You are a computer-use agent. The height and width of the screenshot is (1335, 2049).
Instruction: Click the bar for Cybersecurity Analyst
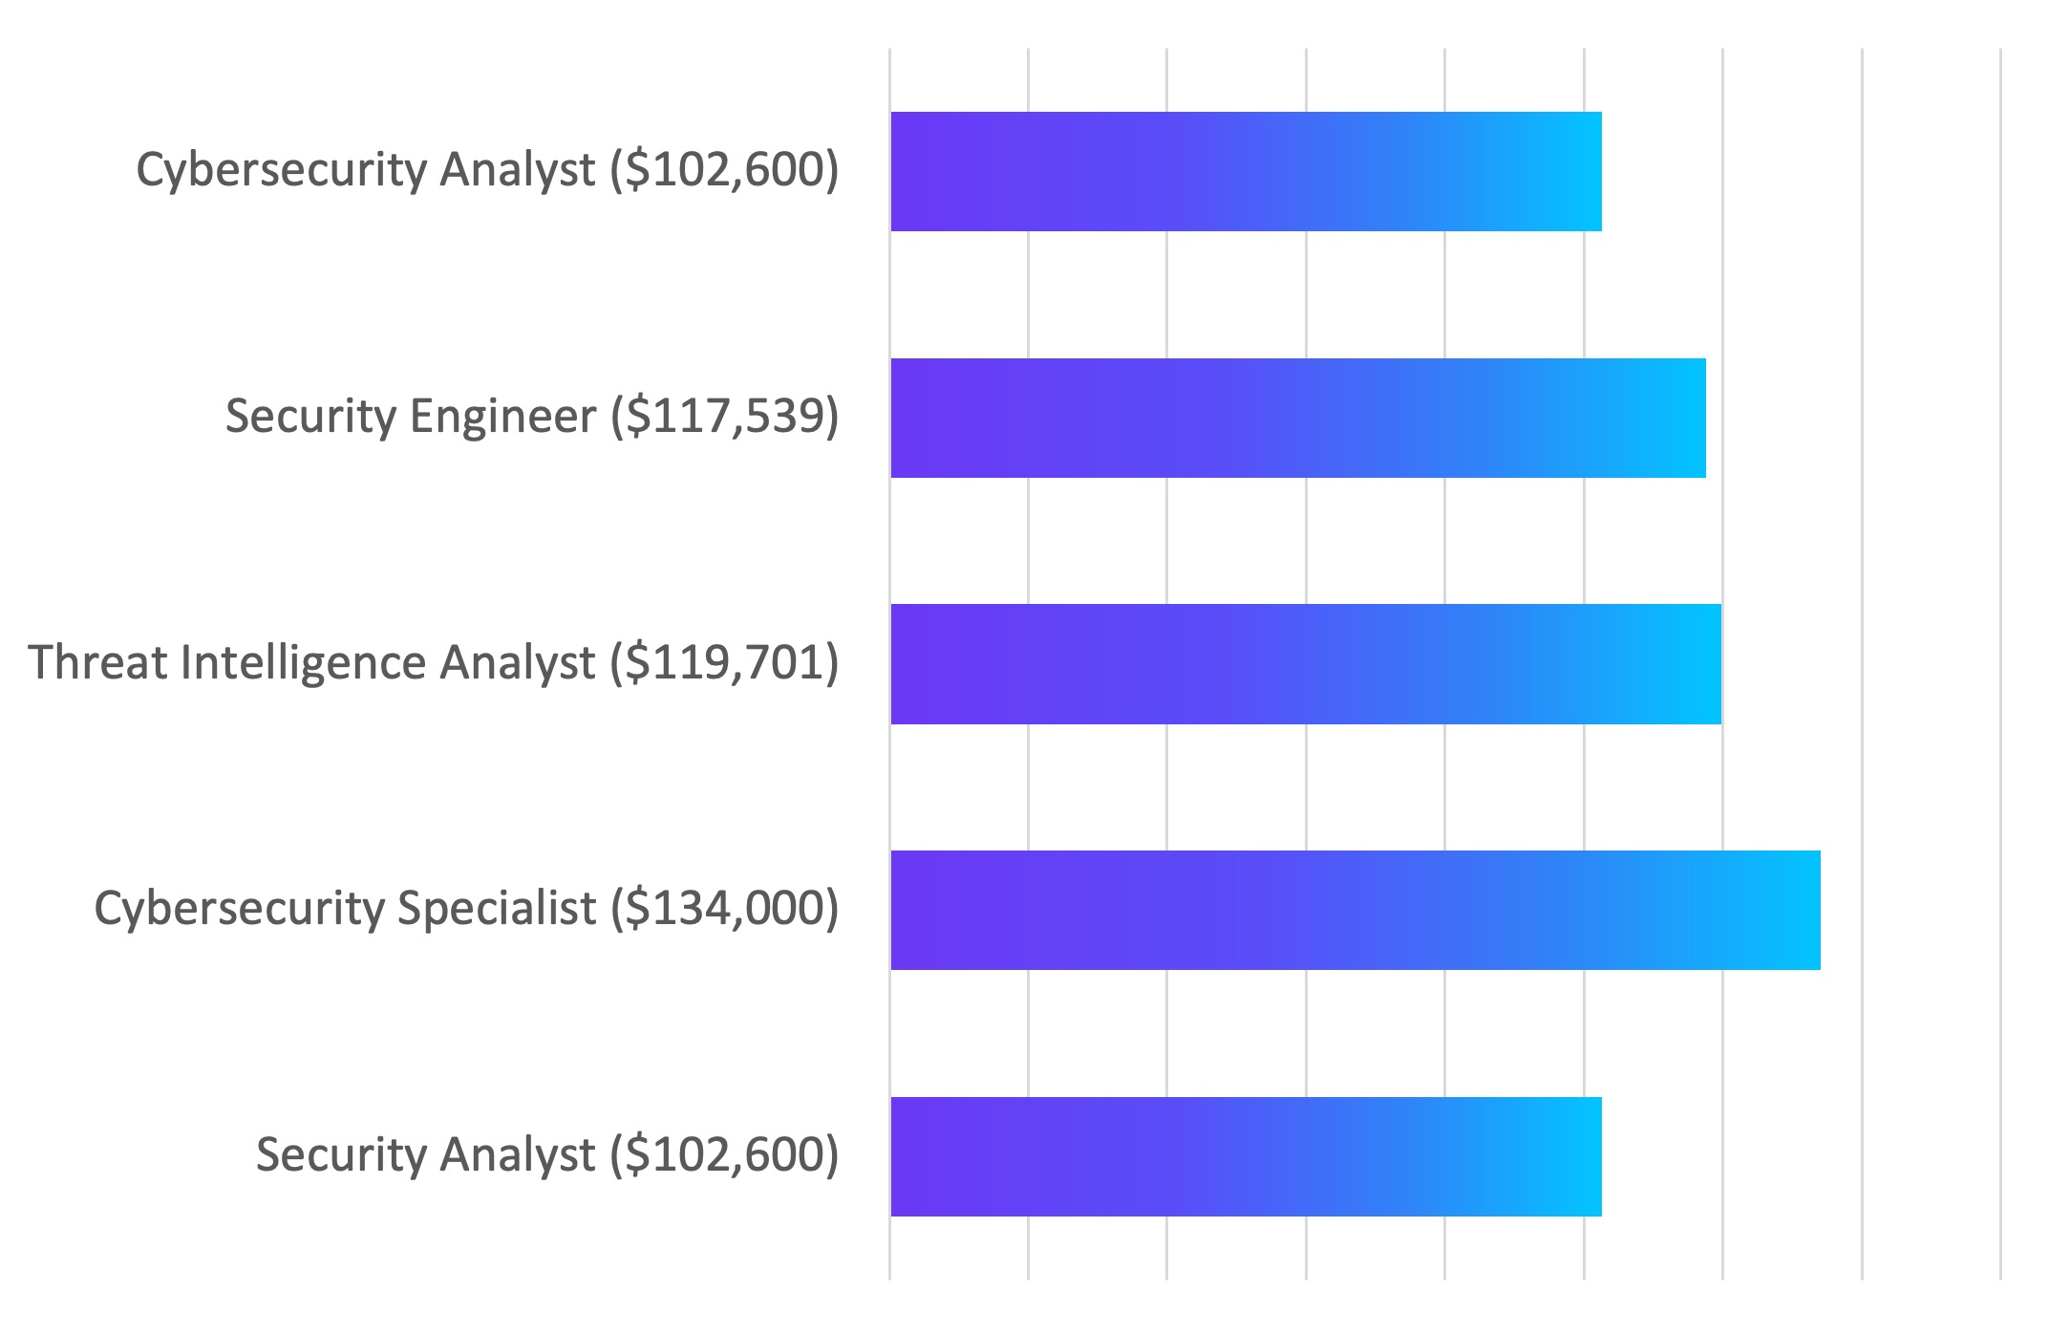click(1246, 171)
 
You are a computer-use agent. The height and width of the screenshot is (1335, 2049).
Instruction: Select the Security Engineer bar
click(1297, 418)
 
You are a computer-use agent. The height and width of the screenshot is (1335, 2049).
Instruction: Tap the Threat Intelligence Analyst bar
click(1305, 664)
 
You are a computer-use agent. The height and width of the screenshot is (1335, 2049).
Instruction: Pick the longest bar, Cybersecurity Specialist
click(1355, 910)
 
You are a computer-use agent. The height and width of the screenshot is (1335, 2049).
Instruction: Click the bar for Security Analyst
click(1246, 1156)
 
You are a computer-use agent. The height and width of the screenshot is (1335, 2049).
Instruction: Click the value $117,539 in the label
click(725, 417)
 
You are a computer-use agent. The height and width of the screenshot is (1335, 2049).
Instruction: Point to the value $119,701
click(725, 663)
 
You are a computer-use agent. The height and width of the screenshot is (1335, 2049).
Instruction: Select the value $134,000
click(725, 908)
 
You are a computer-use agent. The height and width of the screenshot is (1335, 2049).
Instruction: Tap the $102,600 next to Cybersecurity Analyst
click(725, 170)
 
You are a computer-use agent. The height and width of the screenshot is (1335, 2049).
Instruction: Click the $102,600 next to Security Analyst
click(725, 1154)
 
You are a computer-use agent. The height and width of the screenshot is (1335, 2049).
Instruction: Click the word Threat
click(97, 663)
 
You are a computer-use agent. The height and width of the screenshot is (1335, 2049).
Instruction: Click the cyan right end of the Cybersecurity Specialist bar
click(1801, 910)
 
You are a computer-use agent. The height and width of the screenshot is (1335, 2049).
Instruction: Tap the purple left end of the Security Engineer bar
click(912, 418)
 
